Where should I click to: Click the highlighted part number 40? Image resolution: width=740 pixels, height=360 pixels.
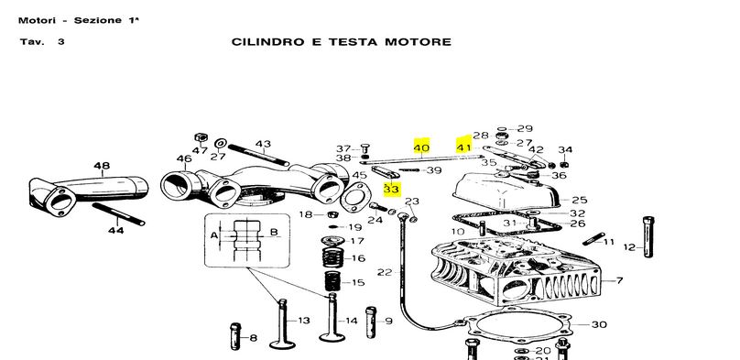point(421,147)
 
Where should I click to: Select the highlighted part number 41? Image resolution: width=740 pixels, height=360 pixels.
point(463,147)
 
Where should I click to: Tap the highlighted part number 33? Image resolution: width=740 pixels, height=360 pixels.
point(392,190)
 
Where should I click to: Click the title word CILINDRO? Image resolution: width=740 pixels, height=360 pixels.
point(267,42)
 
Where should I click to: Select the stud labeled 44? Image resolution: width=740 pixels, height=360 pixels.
point(118,214)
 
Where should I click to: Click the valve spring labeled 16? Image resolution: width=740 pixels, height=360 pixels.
point(334,257)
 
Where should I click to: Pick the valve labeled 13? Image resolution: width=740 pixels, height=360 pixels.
point(282,324)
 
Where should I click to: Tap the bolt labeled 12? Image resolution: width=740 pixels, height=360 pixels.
point(648,236)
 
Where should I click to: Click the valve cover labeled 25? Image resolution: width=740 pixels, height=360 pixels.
point(506,191)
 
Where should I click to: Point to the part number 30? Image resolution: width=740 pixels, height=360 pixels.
point(599,324)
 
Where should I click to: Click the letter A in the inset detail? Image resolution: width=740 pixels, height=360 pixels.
point(214,235)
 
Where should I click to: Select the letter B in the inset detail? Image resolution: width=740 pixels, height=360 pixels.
point(274,232)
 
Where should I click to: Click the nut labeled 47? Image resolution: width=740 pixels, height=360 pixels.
point(201,137)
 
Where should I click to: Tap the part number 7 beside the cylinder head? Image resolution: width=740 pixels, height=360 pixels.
point(619,280)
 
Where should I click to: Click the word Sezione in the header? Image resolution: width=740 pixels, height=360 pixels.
point(98,20)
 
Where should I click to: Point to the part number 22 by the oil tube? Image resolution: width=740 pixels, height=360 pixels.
point(385,272)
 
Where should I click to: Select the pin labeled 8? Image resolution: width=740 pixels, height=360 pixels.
point(235,336)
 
